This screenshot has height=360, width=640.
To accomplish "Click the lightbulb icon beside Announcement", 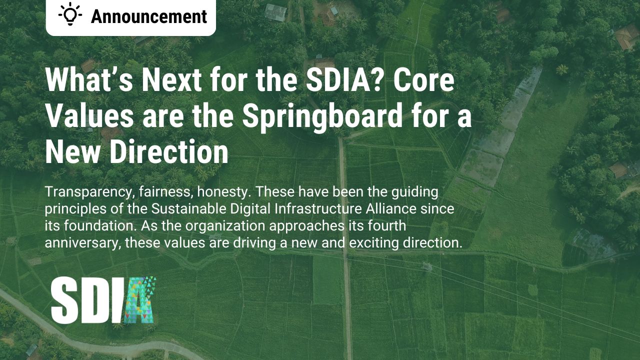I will click(70, 15).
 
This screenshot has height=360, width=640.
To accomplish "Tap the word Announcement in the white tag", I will click(148, 16).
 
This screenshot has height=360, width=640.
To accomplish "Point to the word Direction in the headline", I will click(169, 152).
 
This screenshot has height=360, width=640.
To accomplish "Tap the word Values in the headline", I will click(89, 116).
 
